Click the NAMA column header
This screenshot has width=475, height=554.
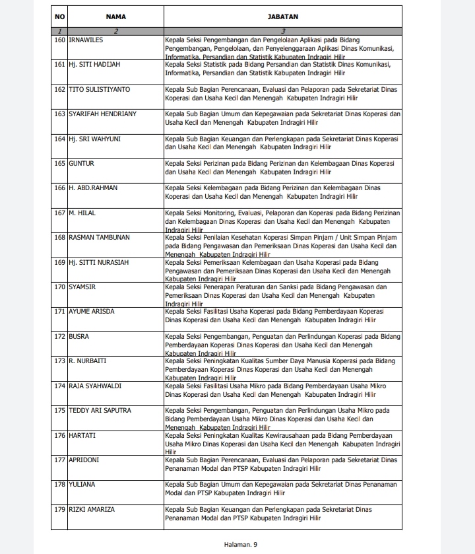[115, 17]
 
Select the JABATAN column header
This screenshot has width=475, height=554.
[283, 17]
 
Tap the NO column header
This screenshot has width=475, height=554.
[59, 17]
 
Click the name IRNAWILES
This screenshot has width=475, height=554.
[86, 40]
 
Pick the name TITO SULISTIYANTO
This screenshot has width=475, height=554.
[99, 89]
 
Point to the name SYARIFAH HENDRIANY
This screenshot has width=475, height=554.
[102, 114]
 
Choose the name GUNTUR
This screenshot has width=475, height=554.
[82, 163]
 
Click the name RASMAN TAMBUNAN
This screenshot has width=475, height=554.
[99, 237]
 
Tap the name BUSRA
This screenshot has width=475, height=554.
[79, 336]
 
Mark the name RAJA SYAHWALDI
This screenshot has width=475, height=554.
[94, 386]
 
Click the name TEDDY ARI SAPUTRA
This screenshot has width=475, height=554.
[100, 410]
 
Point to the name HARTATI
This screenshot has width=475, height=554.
[83, 435]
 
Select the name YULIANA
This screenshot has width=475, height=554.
[82, 485]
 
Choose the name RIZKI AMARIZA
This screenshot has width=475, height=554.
[92, 509]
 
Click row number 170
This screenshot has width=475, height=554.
[59, 287]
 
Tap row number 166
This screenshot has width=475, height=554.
[59, 188]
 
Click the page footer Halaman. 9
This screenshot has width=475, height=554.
[238, 543]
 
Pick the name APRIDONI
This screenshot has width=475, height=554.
[84, 460]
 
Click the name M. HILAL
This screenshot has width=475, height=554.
[81, 213]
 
